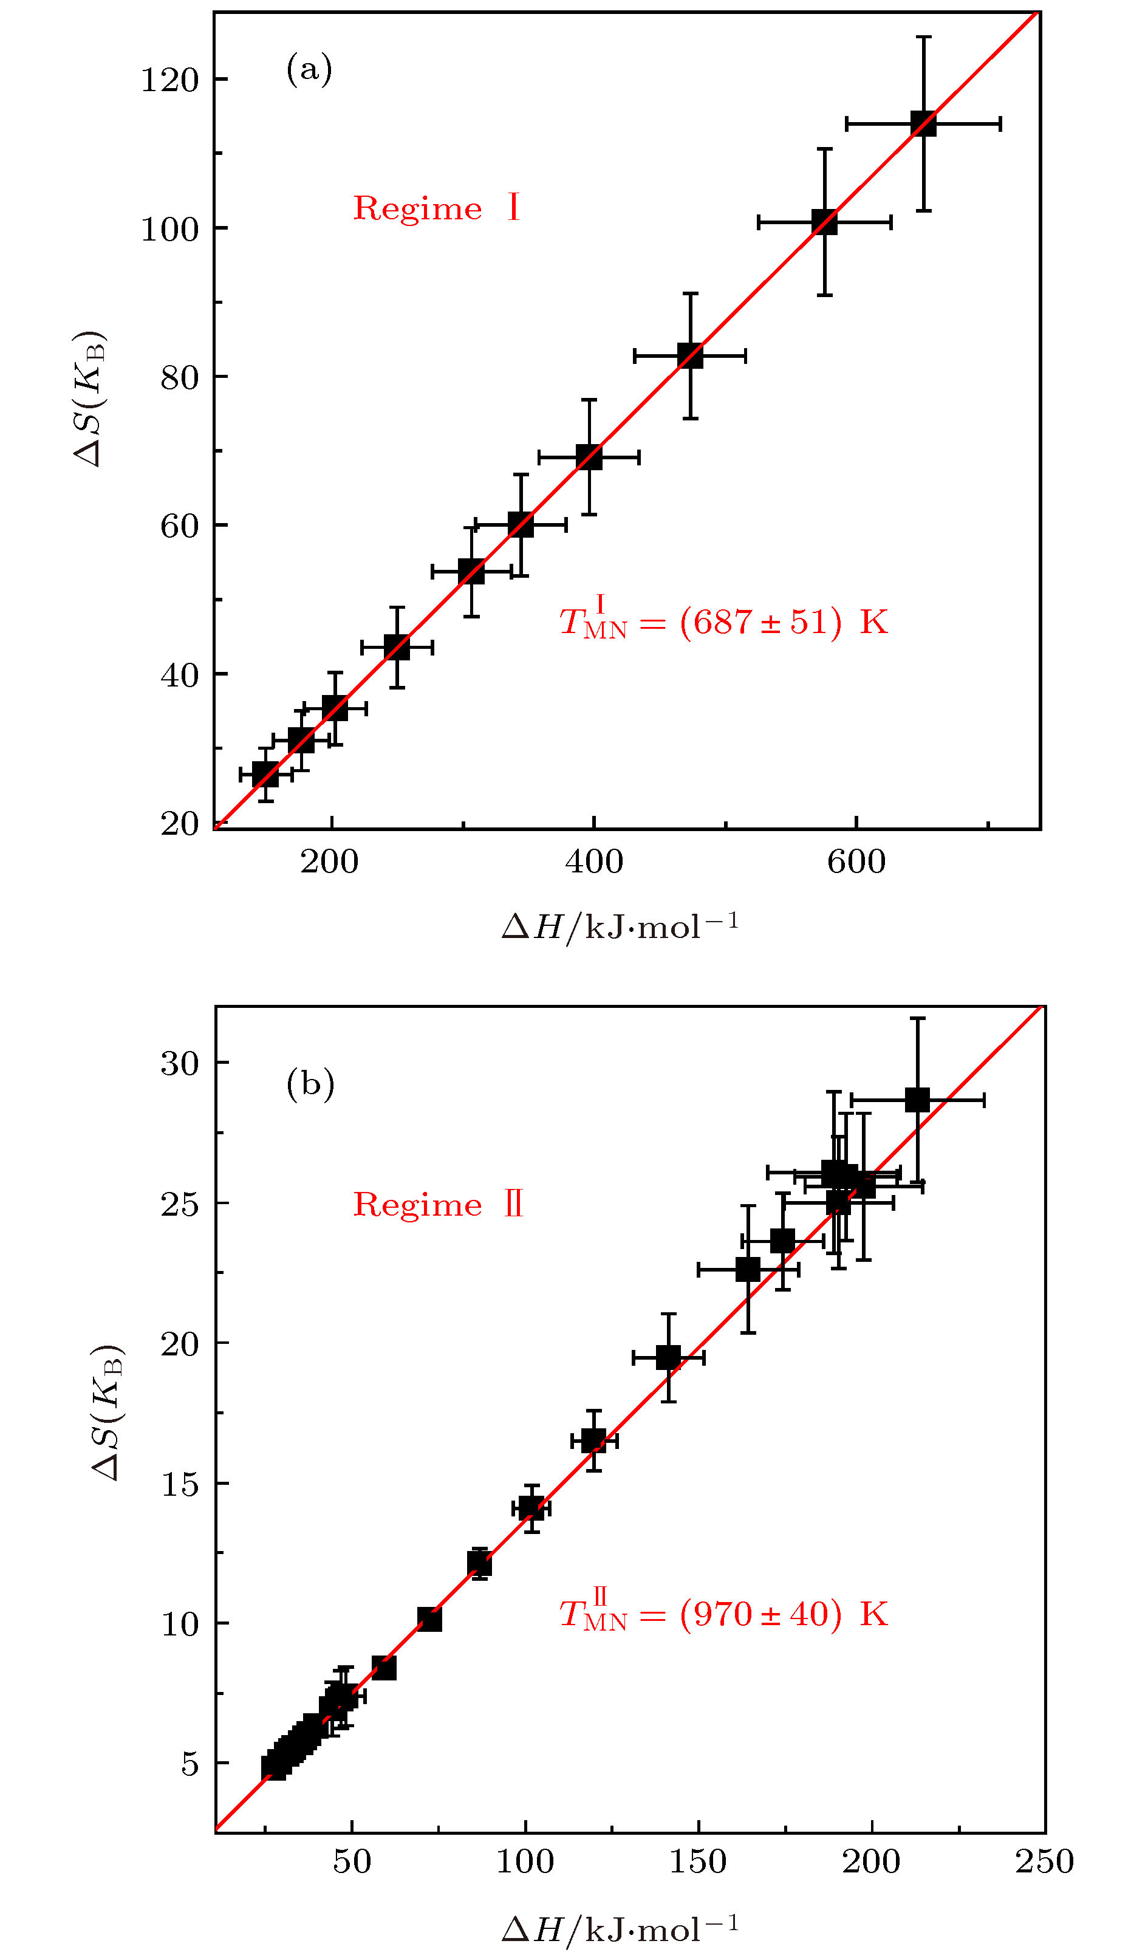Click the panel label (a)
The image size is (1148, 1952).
309,70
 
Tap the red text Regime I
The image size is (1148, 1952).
436,208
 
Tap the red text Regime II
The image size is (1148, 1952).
439,1205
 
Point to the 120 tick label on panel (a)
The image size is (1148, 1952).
169,80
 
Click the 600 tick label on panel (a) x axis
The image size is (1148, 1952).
856,861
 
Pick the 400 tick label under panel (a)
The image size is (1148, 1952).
594,861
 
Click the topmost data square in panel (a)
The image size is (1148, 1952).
923,123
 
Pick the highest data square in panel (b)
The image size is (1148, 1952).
917,1099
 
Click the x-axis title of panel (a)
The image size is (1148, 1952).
620,926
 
